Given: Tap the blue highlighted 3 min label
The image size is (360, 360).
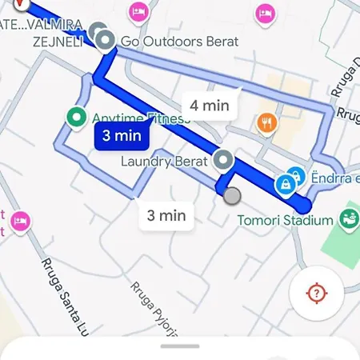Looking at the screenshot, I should point(122,135).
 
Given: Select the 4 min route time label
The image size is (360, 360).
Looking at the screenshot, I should point(210,105).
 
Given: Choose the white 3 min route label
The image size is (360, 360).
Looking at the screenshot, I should point(166,214).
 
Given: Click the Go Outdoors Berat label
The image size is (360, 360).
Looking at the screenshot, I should point(178,41).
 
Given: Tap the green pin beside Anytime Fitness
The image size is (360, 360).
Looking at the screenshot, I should point(78,118).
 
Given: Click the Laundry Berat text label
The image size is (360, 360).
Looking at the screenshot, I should point(163,161).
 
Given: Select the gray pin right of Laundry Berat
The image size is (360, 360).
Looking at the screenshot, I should point(224,160).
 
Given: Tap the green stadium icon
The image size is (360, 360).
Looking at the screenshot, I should point(348,217).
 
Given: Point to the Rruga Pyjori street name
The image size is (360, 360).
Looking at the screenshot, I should point(154,309).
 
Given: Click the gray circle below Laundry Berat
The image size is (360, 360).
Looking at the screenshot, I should point(232,195).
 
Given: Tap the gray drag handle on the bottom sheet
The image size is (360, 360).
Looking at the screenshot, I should point(180,346).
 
